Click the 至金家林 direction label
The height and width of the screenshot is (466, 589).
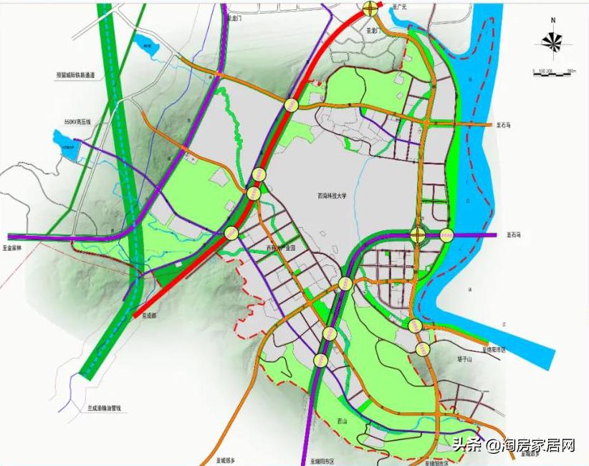14,247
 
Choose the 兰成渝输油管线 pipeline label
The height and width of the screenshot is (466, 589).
105,408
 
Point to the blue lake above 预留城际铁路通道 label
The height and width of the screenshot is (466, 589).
148,47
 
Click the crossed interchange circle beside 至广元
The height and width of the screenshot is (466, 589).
370,9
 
